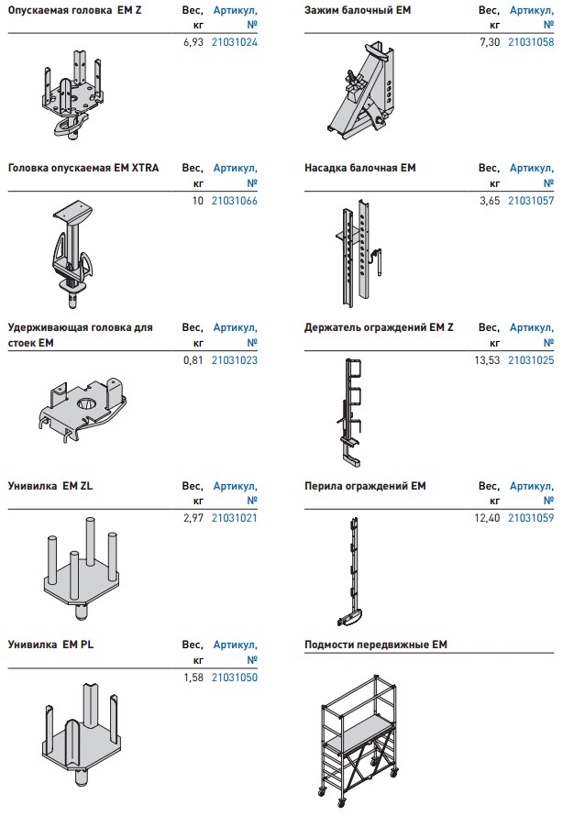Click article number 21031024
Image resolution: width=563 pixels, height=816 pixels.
tap(234, 42)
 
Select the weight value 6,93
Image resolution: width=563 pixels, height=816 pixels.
tap(193, 42)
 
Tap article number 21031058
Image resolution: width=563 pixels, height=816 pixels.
tap(531, 42)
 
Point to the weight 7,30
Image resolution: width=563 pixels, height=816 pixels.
tap(490, 42)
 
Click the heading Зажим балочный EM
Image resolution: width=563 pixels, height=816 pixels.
tap(358, 10)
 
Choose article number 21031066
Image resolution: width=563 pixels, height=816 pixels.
tap(234, 201)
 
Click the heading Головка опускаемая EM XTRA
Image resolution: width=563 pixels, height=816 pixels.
tap(83, 168)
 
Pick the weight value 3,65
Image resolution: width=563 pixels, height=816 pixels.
tap(490, 201)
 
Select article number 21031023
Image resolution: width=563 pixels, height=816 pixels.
tap(234, 359)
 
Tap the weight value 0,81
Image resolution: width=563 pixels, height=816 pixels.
tap(193, 359)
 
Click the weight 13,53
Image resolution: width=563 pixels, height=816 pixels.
tap(487, 359)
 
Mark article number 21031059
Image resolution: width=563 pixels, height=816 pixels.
tap(531, 518)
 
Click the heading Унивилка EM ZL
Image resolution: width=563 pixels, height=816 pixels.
tap(50, 486)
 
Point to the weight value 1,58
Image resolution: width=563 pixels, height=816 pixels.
tap(193, 677)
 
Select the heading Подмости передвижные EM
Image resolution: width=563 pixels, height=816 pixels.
tap(376, 645)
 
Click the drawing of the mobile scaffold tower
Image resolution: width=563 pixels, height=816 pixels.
tap(359, 741)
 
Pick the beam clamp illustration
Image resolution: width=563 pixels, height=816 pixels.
tap(360, 91)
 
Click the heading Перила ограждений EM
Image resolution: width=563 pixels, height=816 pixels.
tap(365, 486)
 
